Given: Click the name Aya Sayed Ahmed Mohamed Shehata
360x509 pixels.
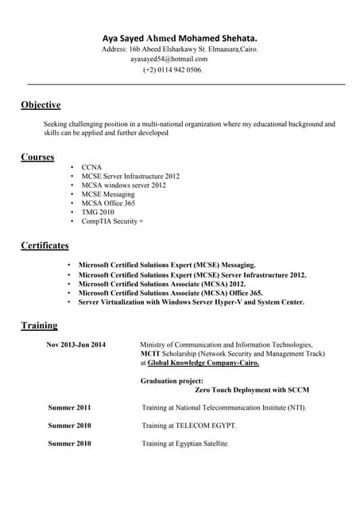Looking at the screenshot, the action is pos(180,37).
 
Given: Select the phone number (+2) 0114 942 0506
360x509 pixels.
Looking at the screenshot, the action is pos(172,70).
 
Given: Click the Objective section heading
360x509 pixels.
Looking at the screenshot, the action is pos(41,105).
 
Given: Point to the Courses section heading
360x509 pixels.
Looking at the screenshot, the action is pos(37,157).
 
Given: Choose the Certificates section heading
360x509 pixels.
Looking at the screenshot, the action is pos(45,246).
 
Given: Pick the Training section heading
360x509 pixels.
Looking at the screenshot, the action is pos(39,325).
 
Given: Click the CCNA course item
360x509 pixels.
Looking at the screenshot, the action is pos(91,167).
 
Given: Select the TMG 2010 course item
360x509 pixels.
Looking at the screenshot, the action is pos(98,212).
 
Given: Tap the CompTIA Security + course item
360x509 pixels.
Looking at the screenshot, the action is pos(112,221).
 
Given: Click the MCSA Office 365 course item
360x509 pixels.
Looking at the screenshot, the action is pos(108,203).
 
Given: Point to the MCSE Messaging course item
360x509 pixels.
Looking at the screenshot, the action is pos(108,194).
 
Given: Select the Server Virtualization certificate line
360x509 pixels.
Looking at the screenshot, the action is pos(191,302).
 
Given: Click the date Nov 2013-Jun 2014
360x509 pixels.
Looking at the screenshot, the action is pos(75,344).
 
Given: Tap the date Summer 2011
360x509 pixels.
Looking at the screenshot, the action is pos(69,407).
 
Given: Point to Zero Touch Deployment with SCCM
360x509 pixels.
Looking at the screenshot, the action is pos(252,390).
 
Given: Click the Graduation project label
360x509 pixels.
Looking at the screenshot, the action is pos(172,381).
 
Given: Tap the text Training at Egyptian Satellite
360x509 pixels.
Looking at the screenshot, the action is pos(185,443).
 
